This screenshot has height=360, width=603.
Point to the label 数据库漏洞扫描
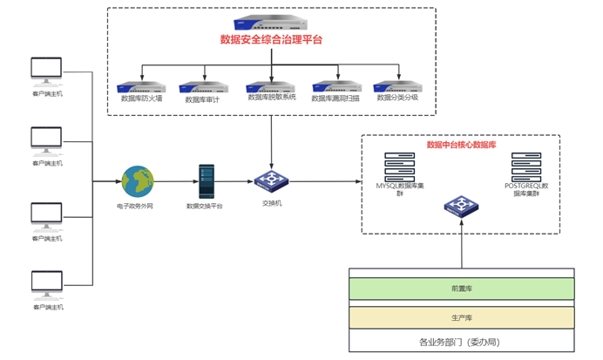click(336, 99)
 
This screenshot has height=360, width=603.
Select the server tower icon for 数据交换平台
click(206, 180)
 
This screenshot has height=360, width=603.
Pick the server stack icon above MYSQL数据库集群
click(400, 166)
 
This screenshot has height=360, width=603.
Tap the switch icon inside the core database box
click(461, 207)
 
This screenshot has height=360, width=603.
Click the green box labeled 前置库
click(461, 288)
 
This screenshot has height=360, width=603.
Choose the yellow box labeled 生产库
click(461, 317)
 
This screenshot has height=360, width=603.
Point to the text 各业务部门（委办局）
click(461, 342)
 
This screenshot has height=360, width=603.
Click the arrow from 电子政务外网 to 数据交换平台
click(173, 181)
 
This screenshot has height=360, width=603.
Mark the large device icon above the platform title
click(271, 25)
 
